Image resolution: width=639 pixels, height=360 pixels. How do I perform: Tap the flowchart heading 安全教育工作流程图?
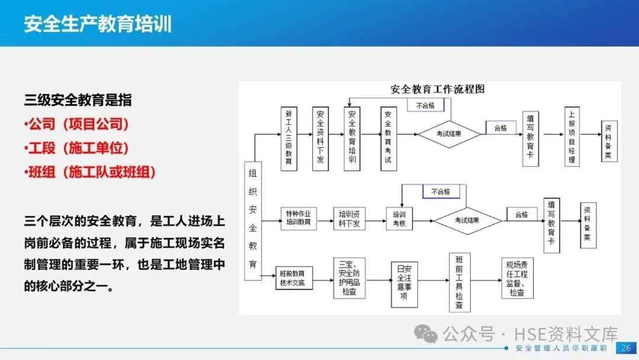[437, 89]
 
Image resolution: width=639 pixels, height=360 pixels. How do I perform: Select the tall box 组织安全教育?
[253, 221]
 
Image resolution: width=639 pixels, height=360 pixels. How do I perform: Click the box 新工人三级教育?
[288, 139]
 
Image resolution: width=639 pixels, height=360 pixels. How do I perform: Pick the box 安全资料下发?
[320, 139]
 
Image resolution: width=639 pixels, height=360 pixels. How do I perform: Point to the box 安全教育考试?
[388, 139]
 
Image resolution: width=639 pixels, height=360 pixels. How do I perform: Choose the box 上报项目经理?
[572, 137]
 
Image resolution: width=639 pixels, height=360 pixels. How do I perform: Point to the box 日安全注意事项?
[404, 285]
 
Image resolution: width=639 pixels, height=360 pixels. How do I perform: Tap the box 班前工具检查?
[460, 282]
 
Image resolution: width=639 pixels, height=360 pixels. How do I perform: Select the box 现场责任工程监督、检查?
[517, 279]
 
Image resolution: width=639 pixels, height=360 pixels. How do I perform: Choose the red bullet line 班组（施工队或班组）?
[91, 172]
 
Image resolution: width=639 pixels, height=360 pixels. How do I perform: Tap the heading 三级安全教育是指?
[78, 99]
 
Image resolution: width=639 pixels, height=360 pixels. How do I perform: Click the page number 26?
[625, 348]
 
